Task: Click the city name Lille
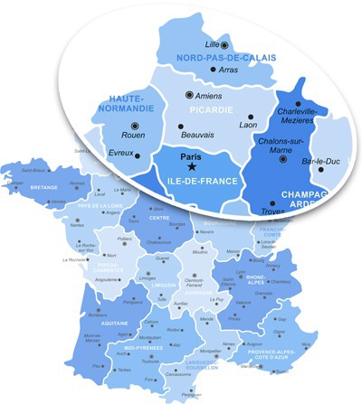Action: tap(212, 43)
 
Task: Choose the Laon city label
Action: tap(247, 125)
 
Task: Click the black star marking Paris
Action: tap(193, 165)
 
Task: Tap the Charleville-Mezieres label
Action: tap(299, 117)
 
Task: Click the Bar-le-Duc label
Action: tap(319, 162)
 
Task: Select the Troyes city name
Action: tap(260, 210)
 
